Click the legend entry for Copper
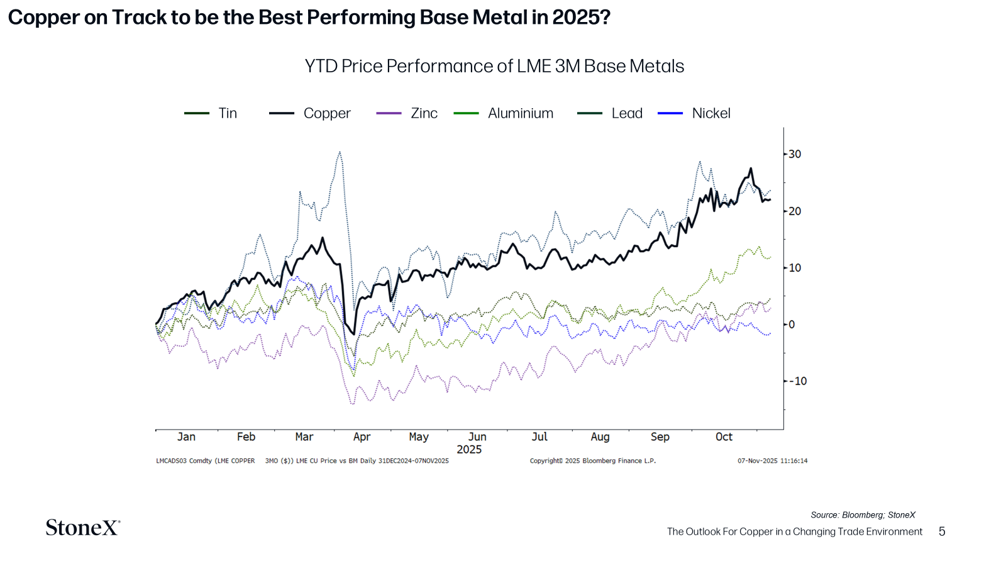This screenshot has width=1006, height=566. click(x=326, y=113)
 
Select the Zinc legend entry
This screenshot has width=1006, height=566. click(x=424, y=113)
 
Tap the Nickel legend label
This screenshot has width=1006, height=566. click(x=710, y=113)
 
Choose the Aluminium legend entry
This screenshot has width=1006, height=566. click(x=520, y=113)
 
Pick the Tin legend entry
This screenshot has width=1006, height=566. click(x=228, y=113)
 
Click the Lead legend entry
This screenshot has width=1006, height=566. click(x=626, y=113)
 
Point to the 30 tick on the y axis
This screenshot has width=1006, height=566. click(x=795, y=154)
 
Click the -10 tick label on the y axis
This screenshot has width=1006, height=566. click(x=797, y=381)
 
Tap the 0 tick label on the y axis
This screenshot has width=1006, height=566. click(x=792, y=325)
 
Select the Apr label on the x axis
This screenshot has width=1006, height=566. click(x=362, y=436)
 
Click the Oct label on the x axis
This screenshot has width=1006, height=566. click(x=724, y=436)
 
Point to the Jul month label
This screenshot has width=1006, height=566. click(x=539, y=436)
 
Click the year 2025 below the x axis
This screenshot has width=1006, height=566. click(x=469, y=450)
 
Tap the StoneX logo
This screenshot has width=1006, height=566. click(x=82, y=527)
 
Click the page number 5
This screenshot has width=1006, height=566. click(x=941, y=531)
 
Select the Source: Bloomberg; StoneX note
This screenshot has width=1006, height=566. click(x=863, y=515)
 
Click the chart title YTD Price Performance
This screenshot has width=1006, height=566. click(x=494, y=66)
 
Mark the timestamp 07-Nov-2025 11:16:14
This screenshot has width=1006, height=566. click(x=772, y=461)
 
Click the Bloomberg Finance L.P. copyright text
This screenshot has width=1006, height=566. click(x=592, y=461)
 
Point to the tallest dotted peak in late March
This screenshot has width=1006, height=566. click(x=340, y=152)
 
